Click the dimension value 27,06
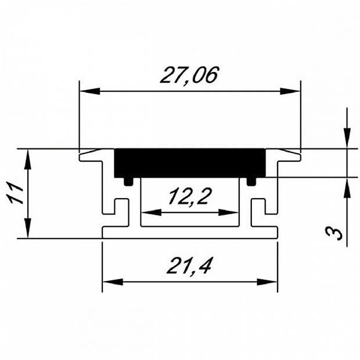click(189, 75)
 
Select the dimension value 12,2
click(189, 196)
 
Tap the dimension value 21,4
click(189, 265)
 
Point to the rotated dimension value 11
click(15, 193)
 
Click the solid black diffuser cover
click(190, 163)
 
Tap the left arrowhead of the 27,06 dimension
click(89, 91)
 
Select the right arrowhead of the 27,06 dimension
click(290, 91)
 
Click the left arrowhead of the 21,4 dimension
click(113, 282)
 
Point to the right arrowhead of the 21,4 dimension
click(267, 282)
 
